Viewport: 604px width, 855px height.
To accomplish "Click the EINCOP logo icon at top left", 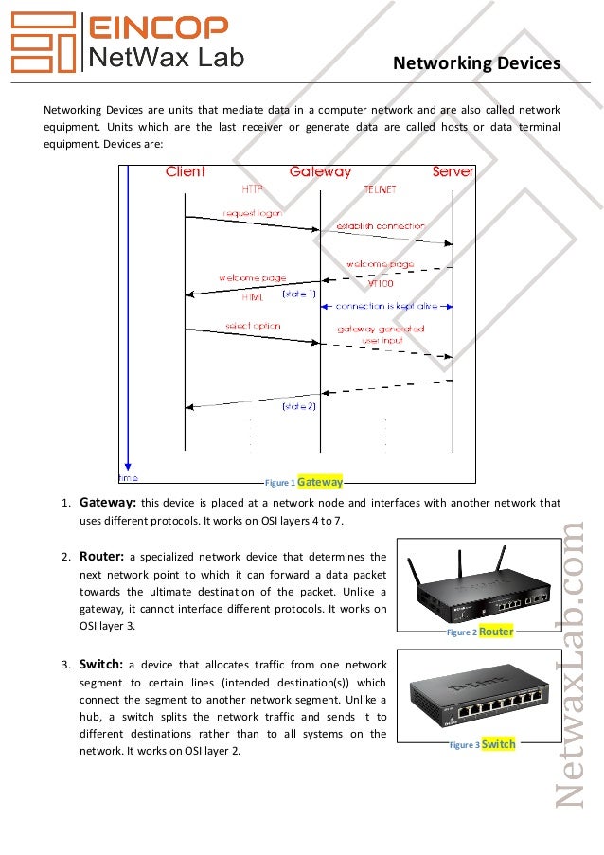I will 44,42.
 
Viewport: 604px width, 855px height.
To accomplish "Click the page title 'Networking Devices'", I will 476,63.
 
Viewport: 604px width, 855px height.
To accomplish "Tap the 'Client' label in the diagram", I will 185,172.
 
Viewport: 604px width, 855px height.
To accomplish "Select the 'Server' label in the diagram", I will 453,172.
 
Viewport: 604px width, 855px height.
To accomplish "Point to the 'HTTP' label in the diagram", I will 252,189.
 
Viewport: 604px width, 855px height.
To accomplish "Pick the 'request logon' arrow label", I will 252,213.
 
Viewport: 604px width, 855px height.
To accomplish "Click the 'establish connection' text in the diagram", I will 381,227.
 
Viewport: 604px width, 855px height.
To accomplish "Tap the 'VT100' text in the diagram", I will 381,283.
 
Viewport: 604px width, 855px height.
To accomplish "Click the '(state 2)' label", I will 299,406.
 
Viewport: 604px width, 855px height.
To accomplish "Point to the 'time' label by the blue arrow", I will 128,477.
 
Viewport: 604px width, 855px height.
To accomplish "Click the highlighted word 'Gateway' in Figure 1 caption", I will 320,480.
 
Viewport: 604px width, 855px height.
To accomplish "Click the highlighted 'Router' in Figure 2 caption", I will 496,632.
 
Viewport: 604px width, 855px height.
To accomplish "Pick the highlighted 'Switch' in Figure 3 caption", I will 498,744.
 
